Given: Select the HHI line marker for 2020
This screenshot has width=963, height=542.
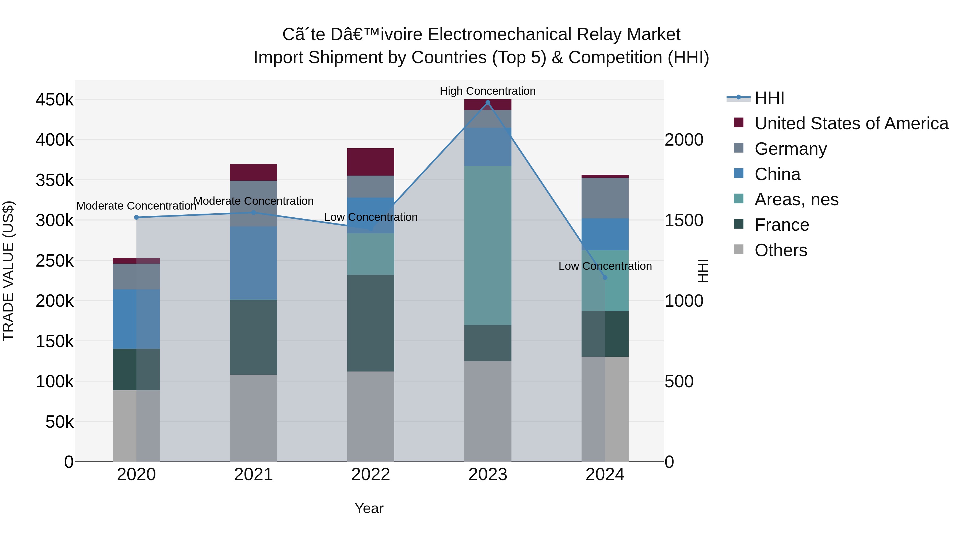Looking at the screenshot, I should pyautogui.click(x=136, y=217).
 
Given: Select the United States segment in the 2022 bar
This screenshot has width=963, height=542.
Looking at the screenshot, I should pyautogui.click(x=370, y=162).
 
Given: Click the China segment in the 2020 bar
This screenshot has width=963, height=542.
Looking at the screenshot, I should pyautogui.click(x=136, y=319).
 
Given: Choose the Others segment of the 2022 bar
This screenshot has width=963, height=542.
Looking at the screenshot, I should pyautogui.click(x=370, y=416).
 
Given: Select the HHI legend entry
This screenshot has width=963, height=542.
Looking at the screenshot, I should pyautogui.click(x=769, y=98).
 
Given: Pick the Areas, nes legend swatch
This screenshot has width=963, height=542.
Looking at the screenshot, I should pyautogui.click(x=738, y=199).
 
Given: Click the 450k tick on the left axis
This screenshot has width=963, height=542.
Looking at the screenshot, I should pyautogui.click(x=55, y=100).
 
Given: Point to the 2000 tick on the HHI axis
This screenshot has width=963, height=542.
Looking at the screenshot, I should pyautogui.click(x=684, y=140).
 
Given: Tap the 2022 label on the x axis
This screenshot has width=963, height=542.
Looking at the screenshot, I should pyautogui.click(x=370, y=475).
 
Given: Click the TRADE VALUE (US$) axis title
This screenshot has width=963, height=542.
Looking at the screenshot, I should pyautogui.click(x=8, y=271).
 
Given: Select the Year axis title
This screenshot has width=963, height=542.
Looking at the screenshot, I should pyautogui.click(x=369, y=508).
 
